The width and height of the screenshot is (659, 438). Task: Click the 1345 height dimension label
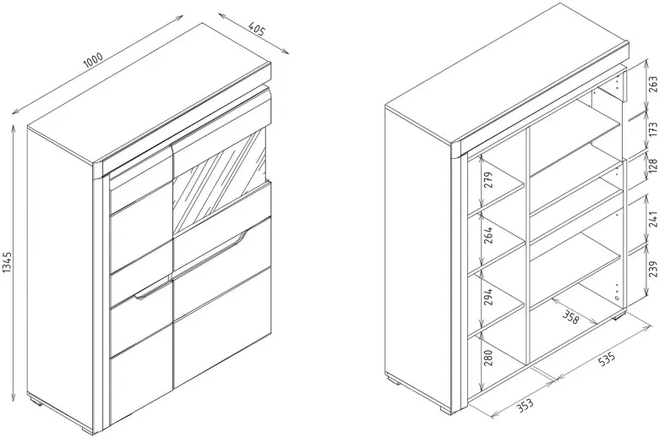coord(8,262)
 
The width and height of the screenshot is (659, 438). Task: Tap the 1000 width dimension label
coord(93,61)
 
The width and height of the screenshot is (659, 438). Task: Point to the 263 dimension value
coord(653,85)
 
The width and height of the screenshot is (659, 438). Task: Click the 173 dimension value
coord(653,129)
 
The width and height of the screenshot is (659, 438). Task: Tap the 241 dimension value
coord(653,219)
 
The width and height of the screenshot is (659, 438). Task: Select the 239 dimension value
coord(653,269)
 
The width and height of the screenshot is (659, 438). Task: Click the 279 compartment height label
coord(488,180)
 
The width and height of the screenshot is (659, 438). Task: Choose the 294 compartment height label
coord(488,297)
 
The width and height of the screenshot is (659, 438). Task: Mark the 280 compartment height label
coord(488,358)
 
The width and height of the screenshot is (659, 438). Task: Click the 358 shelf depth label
coord(571,318)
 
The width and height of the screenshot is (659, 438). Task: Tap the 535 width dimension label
coord(606,359)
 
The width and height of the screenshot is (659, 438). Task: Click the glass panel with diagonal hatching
coord(219,182)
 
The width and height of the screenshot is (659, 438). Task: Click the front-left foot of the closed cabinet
coord(85,430)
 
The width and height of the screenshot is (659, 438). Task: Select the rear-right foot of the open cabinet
coord(618,316)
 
